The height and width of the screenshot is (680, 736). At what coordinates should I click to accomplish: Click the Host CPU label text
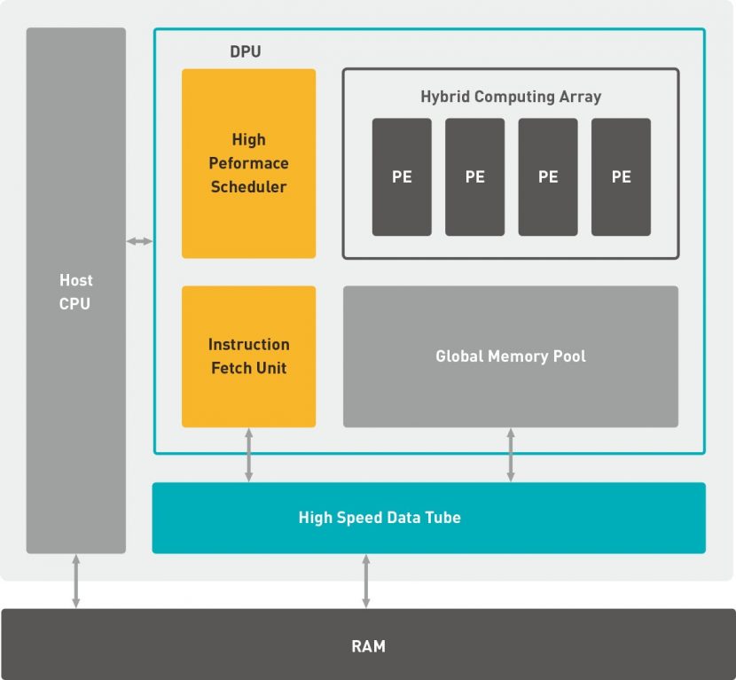pos(76,292)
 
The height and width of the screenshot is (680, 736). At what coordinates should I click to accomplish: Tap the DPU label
pos(246,52)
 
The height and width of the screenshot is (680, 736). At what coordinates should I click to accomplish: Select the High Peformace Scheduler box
pos(248,163)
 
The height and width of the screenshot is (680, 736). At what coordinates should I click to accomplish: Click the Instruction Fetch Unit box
pos(248,356)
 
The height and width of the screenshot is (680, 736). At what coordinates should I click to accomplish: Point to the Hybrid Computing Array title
pos(511,97)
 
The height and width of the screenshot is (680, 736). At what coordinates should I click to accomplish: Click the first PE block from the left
pos(402,177)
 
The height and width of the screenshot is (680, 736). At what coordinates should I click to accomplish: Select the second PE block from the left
pos(474,177)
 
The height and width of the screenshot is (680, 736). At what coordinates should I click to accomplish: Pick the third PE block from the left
pos(548,177)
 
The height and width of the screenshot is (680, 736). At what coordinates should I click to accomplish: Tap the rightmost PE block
pos(621,177)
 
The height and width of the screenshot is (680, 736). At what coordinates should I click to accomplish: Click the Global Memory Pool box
pos(511,356)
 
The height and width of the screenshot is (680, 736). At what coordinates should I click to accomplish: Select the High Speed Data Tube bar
pos(428,518)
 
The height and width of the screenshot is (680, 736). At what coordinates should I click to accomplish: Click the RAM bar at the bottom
pos(368,645)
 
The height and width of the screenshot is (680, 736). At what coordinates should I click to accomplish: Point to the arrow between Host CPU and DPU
pos(139,241)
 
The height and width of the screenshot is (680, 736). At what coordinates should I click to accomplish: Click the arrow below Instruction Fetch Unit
pos(248,455)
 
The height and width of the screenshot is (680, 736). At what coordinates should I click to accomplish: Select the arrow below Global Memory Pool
pos(511,455)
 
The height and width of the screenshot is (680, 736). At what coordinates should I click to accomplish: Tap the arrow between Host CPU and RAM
pos(76,581)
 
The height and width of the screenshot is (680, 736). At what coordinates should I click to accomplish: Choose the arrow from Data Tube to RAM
pos(365,581)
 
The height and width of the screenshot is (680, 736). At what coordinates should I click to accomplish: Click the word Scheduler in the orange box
pos(248,187)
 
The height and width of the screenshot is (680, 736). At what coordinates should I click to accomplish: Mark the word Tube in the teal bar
pos(443,518)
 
